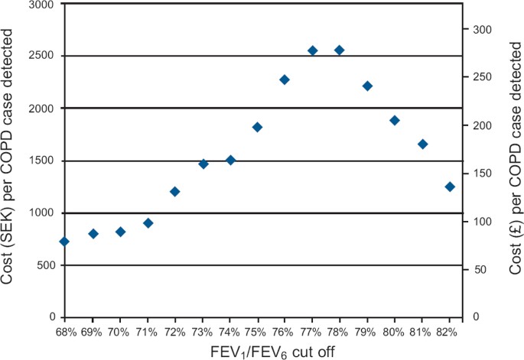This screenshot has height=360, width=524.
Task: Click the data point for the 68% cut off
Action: tap(64, 242)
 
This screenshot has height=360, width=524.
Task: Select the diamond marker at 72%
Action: tap(174, 192)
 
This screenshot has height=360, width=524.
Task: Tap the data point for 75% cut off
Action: tap(257, 127)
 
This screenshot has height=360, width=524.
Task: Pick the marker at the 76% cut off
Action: tap(285, 79)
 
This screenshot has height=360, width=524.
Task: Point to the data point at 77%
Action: tap(312, 50)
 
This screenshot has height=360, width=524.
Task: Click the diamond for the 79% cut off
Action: tap(367, 86)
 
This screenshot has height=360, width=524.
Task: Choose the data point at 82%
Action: tap(450, 186)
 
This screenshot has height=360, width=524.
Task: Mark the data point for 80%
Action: tap(395, 120)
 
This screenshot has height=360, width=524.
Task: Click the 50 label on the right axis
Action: tap(477, 269)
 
